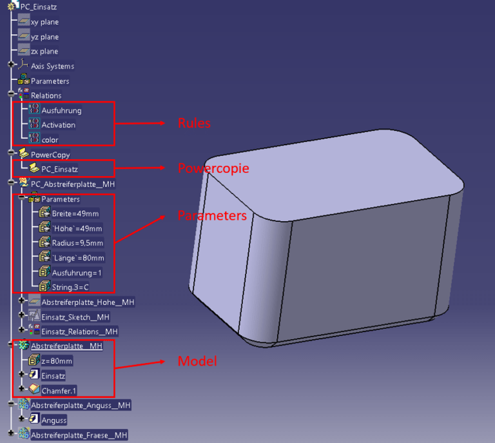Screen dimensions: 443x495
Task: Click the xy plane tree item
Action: [x=44, y=22]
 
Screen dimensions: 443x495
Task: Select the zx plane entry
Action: [x=44, y=52]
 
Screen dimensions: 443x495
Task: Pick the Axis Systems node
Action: [x=52, y=66]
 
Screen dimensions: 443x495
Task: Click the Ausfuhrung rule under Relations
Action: [x=61, y=110]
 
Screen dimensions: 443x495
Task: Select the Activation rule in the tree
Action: [x=59, y=125]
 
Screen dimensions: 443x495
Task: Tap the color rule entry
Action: [x=50, y=140]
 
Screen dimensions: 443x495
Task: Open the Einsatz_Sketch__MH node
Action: [x=75, y=317]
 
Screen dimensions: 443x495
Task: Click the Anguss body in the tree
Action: [x=54, y=420]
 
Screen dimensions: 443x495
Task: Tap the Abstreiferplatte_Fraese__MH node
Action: [x=79, y=435]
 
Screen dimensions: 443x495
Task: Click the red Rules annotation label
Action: [x=194, y=123]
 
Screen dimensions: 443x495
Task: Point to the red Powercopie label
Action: [x=213, y=168]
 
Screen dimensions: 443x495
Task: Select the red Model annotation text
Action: [x=197, y=362]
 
